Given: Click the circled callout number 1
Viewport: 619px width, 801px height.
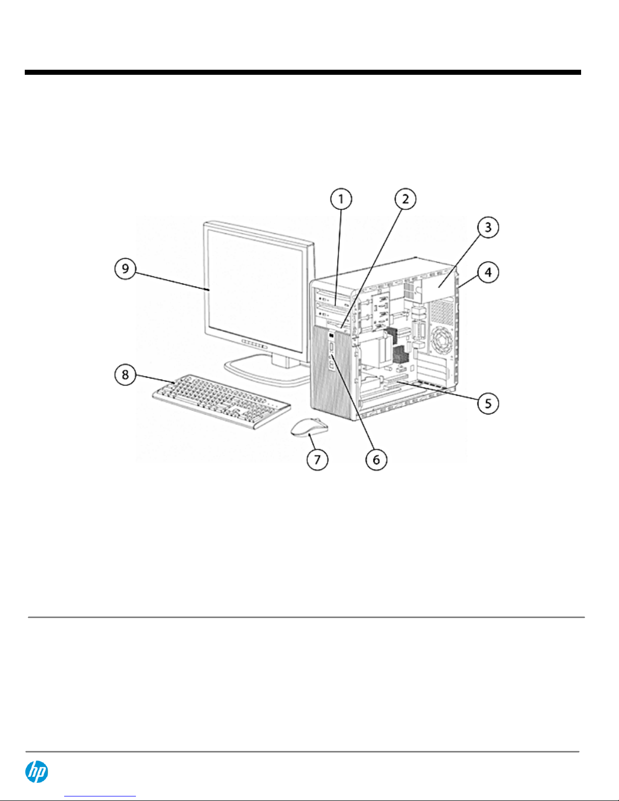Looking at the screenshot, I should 341,199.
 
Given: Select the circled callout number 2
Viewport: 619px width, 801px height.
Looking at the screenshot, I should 405,199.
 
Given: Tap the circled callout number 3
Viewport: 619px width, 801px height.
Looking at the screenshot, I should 488,227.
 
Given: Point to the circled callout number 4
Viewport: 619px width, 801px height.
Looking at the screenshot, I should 488,272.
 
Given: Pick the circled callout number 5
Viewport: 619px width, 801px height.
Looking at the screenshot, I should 488,403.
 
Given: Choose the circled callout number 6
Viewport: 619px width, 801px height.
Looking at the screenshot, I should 376,459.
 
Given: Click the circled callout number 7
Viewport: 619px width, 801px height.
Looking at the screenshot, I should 317,459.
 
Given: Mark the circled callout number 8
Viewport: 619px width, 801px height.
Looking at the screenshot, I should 125,375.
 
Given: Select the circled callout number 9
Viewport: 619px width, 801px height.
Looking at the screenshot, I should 125,268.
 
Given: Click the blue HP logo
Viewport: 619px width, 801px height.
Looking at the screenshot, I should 37,772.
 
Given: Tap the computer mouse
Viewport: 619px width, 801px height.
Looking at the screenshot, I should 309,428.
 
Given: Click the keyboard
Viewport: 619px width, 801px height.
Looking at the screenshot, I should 221,401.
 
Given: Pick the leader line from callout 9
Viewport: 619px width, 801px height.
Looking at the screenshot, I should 172,279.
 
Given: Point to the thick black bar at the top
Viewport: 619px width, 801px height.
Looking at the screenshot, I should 303,73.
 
